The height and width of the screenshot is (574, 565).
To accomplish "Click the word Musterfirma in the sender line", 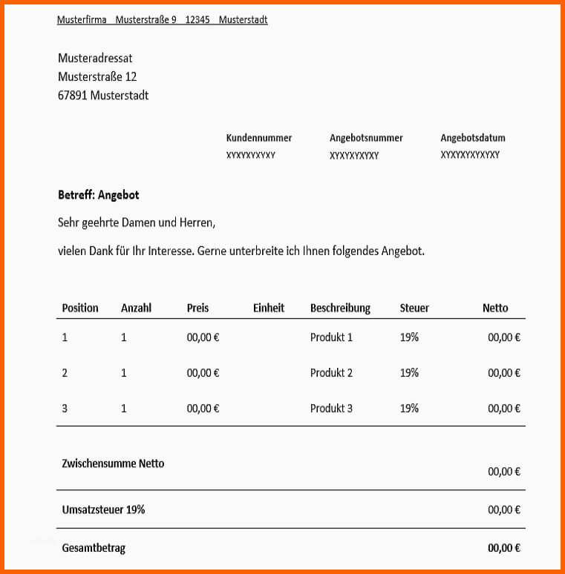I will coord(82,20).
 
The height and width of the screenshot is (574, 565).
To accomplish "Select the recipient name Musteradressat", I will coord(95,58).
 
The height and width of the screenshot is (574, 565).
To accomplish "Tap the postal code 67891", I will coord(73,95).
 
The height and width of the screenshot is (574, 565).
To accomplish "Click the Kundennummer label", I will coord(259,138).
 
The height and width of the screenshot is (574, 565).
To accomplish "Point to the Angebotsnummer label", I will coord(366,138).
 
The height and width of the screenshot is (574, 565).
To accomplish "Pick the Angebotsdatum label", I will coord(473,138).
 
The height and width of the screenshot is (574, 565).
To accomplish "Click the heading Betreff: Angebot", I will coord(99,195).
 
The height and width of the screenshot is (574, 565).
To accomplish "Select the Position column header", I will coord(80,308).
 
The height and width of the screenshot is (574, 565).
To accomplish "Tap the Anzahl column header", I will coord(136,308).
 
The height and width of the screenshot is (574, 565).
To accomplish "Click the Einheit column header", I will coord(269,308).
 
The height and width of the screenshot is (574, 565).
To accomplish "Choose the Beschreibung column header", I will coord(340,308).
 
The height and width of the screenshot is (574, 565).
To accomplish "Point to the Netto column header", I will coord(495,308).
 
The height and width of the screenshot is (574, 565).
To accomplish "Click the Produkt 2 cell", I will coord(331,373).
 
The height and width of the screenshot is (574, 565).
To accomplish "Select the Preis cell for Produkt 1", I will coord(203,337).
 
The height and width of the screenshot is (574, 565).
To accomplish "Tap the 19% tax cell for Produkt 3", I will coord(409,409).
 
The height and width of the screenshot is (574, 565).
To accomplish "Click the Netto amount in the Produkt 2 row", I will coord(504,373).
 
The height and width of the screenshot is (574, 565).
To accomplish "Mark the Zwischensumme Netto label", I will coord(113,464).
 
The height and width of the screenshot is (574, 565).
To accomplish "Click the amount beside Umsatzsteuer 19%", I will coord(504,509).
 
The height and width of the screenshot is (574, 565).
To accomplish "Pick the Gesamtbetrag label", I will coord(94,548).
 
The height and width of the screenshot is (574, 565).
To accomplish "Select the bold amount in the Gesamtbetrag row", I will coord(504,548).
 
